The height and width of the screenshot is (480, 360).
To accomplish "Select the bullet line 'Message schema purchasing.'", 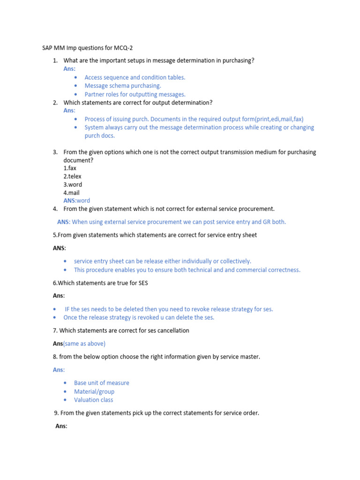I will pyautogui.click(x=122, y=86).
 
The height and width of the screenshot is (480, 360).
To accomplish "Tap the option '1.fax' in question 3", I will pyautogui.click(x=70, y=168).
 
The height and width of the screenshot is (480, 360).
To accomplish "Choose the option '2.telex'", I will pyautogui.click(x=72, y=176).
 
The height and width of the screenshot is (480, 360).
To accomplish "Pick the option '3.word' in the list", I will pyautogui.click(x=73, y=185).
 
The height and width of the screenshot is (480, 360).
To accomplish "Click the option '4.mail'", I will pyautogui.click(x=72, y=193).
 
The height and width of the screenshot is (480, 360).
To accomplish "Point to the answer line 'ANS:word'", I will pyautogui.click(x=76, y=201).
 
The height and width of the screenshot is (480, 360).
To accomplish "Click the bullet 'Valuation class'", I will pyautogui.click(x=93, y=400).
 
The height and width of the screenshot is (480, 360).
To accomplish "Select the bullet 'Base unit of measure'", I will pyautogui.click(x=101, y=383).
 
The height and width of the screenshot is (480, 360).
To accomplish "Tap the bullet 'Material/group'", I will pyautogui.click(x=94, y=391).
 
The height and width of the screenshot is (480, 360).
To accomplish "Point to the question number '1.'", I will pyautogui.click(x=55, y=60).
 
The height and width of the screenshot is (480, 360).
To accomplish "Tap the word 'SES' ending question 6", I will pyautogui.click(x=142, y=283).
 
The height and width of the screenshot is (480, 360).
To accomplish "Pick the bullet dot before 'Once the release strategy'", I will pyautogui.click(x=55, y=318).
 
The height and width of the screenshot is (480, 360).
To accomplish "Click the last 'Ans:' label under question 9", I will pyautogui.click(x=61, y=426).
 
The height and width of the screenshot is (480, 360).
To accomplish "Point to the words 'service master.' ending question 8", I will pyautogui.click(x=240, y=357).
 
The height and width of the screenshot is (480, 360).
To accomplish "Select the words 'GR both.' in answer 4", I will pyautogui.click(x=274, y=222).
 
